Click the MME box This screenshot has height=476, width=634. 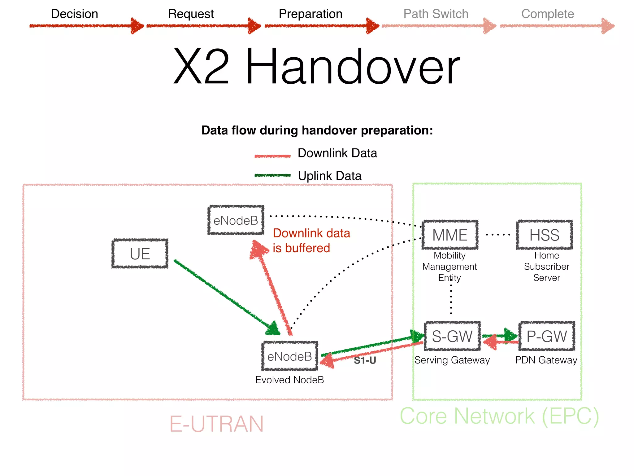click(x=450, y=235)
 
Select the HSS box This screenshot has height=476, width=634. click(x=544, y=235)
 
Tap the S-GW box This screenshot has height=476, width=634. click(x=452, y=336)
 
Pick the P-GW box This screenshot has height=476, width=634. click(x=547, y=336)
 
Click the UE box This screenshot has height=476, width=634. click(x=140, y=254)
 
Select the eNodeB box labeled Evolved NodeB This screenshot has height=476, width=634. click(x=290, y=356)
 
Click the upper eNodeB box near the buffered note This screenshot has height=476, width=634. click(x=236, y=220)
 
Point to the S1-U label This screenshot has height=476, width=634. click(x=365, y=360)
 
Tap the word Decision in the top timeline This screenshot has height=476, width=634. click(x=74, y=14)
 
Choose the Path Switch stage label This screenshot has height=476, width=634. click(x=436, y=14)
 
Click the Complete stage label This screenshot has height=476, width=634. click(x=547, y=14)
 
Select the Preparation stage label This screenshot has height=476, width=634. click(x=310, y=14)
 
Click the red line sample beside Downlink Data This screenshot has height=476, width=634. click(x=272, y=156)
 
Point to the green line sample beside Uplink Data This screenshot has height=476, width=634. click(x=272, y=175)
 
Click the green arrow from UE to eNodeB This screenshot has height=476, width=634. click(x=223, y=294)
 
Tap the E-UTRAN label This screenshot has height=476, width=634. click(x=216, y=424)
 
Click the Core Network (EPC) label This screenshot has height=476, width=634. click(x=499, y=416)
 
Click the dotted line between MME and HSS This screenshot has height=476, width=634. click(x=498, y=235)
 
